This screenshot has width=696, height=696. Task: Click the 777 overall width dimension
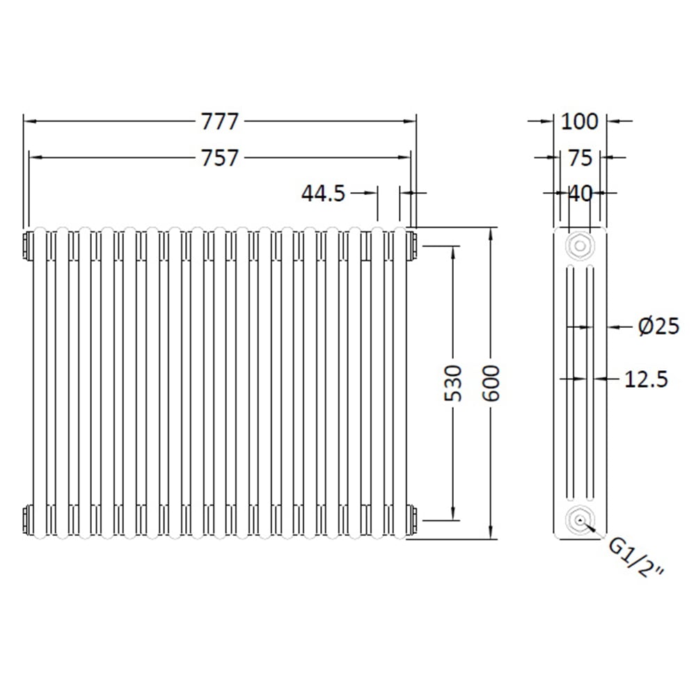pos(220,121)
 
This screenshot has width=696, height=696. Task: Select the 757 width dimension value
pos(220,158)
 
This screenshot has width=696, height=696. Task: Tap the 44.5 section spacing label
pos(323,193)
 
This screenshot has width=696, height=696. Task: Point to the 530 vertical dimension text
pos(453,383)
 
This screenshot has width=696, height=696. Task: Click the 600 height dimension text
pos(491,383)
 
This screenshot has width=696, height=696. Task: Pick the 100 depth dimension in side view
pos(579,121)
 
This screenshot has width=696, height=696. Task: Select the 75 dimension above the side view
pos(579,158)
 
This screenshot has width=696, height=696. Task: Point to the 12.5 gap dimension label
pos(646,379)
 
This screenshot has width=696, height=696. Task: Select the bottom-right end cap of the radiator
pos(413,519)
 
